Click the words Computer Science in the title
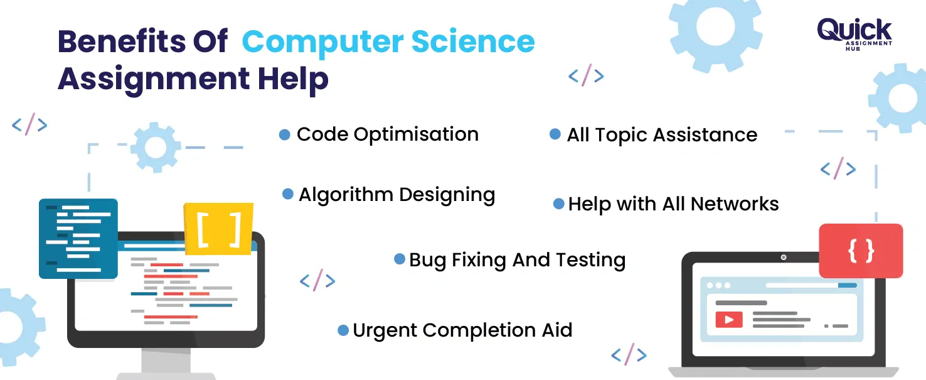tap(388, 42)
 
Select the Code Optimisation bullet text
tap(387, 134)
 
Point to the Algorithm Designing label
tap(396, 195)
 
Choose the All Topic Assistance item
tap(662, 135)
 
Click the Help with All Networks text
tap(673, 204)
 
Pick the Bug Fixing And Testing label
tap(517, 260)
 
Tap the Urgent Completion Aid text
tap(462, 330)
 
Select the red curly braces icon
tap(861, 251)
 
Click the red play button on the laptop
tap(728, 320)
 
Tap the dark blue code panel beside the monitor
tap(78, 239)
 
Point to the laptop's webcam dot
tap(783, 258)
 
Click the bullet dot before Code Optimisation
tap(284, 134)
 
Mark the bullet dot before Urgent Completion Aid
tap(343, 330)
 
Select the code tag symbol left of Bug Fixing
tap(317, 280)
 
